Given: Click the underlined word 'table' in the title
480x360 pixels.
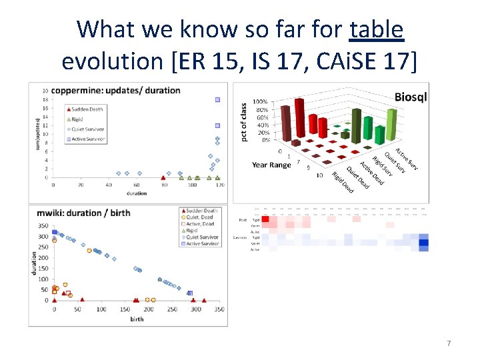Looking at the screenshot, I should click(x=377, y=29).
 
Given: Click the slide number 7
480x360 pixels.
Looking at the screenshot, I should click(x=449, y=343).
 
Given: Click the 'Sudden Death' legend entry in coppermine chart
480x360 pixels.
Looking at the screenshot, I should click(x=86, y=108).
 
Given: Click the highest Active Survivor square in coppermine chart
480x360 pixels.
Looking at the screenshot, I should click(x=217, y=100).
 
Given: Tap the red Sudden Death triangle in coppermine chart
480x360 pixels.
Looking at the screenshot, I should click(x=163, y=177).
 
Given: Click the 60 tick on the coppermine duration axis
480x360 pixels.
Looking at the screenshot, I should click(x=137, y=185).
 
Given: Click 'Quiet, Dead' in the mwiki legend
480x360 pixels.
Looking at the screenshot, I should click(x=201, y=217).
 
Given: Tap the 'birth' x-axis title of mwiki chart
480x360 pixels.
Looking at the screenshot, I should click(x=136, y=319).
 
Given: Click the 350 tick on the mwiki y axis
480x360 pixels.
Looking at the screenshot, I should click(x=43, y=227).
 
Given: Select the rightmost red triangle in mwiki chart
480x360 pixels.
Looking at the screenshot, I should click(x=204, y=300).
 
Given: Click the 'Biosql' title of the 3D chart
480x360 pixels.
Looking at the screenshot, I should click(x=411, y=97).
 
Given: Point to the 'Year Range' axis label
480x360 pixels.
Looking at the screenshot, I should click(x=271, y=165).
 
